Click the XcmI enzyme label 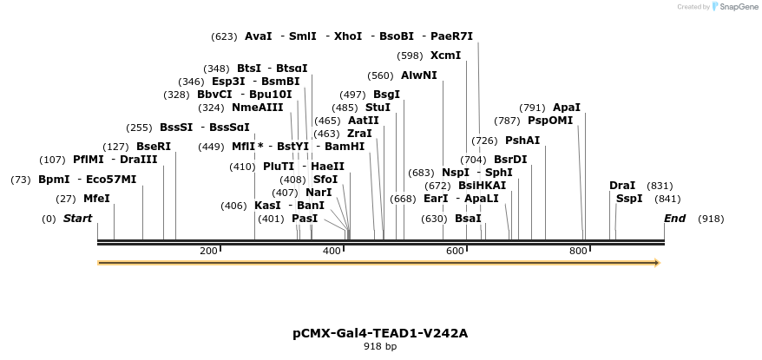pyautogui.click(x=445, y=56)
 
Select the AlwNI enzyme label pyautogui.click(x=418, y=75)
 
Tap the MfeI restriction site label pyautogui.click(x=96, y=199)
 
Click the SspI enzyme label pyautogui.click(x=629, y=199)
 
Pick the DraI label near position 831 pyautogui.click(x=622, y=186)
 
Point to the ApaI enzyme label pyautogui.click(x=567, y=108)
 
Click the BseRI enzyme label pyautogui.click(x=154, y=147)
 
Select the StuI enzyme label pyautogui.click(x=378, y=108)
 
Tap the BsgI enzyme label pyautogui.click(x=386, y=95)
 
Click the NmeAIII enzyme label pyautogui.click(x=258, y=108)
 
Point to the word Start pyautogui.click(x=77, y=219)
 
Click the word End pyautogui.click(x=674, y=219)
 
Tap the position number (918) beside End pyautogui.click(x=710, y=219)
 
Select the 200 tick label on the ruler pyautogui.click(x=208, y=251)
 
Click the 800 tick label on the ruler pyautogui.click(x=578, y=251)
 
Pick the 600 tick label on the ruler pyautogui.click(x=455, y=251)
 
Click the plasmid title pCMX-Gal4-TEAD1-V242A pyautogui.click(x=380, y=332)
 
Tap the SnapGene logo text pyautogui.click(x=737, y=7)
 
